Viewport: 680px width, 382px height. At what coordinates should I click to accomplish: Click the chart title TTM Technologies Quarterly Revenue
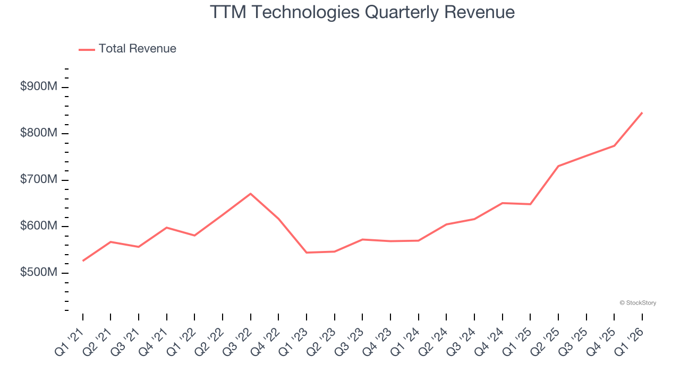tap(362, 12)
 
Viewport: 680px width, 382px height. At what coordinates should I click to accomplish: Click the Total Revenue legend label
tap(137, 49)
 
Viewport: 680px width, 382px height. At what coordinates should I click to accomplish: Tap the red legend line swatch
tap(87, 49)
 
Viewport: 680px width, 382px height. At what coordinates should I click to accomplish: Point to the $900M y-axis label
tap(38, 87)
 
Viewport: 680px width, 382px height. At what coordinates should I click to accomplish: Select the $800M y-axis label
tap(38, 133)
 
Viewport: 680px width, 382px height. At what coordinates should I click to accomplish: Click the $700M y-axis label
tap(38, 180)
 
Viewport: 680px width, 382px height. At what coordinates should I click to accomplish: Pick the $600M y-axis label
tap(38, 226)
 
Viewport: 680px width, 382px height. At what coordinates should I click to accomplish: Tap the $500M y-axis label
tap(38, 273)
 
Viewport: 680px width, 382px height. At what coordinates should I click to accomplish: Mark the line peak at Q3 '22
tap(250, 194)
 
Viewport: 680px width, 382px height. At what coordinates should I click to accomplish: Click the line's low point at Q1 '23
tap(307, 253)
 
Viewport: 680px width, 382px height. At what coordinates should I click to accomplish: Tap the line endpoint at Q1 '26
tap(642, 112)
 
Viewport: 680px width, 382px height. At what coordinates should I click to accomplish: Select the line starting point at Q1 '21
tap(83, 261)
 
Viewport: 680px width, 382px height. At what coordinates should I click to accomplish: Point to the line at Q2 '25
tap(558, 166)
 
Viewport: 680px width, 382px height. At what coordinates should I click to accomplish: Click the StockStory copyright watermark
tap(637, 303)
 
